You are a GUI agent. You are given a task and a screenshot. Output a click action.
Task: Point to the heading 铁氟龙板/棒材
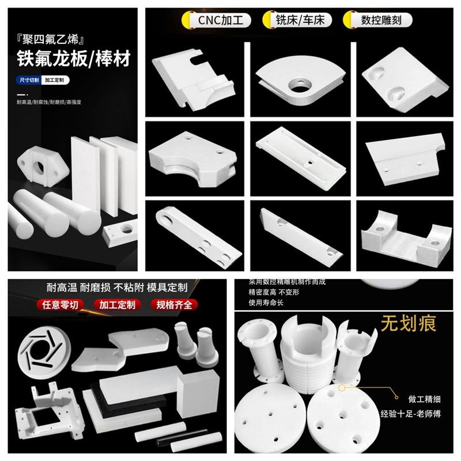coord(69,59)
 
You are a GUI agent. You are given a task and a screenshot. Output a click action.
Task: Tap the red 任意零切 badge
coord(61,305)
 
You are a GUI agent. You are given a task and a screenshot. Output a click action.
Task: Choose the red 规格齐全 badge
coord(173,305)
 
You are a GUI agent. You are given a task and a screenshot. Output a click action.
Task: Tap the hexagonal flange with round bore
coord(42,164)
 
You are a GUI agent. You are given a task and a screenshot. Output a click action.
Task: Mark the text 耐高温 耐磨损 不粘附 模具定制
coord(120,286)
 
